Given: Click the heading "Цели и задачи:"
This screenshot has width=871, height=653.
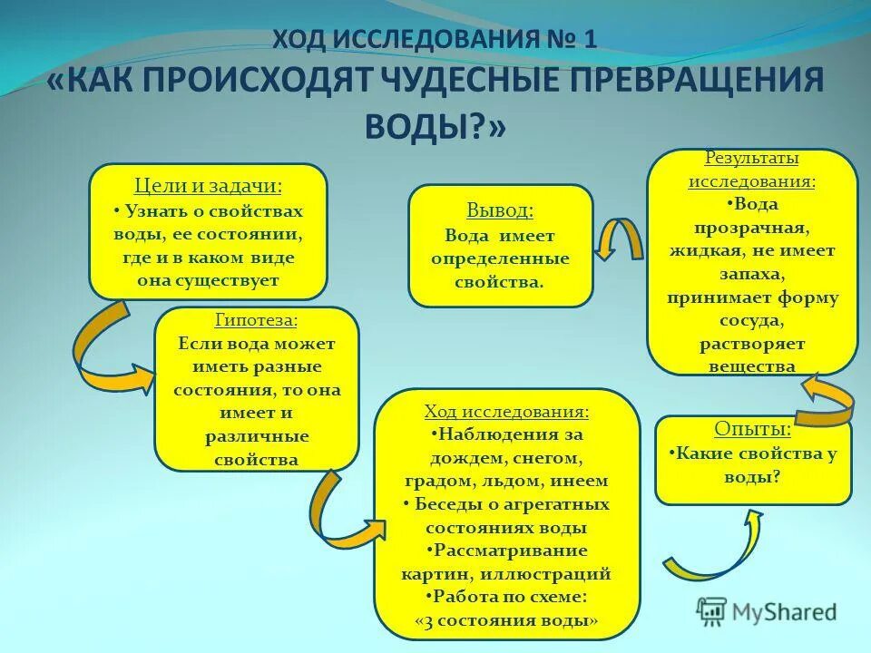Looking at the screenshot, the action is click(208, 186).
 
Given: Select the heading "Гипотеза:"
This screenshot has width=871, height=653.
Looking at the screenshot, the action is click(256, 320).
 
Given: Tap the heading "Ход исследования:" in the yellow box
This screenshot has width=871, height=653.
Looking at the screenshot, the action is click(506, 412).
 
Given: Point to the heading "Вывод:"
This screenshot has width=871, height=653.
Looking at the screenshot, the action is click(500, 210).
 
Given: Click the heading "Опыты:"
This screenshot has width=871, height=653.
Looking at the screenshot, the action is click(753, 428).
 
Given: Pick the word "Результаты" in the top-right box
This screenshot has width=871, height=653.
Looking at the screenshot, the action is click(752, 158).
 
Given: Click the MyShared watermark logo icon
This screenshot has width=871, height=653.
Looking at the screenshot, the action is click(712, 611).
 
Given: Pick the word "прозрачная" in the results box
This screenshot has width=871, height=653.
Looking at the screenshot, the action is click(752, 228).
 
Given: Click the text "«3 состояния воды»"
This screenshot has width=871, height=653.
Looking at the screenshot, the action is click(506, 621).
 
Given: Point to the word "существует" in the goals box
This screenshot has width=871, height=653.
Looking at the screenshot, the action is click(208, 280).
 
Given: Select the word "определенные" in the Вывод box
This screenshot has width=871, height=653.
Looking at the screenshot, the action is click(500, 258).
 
